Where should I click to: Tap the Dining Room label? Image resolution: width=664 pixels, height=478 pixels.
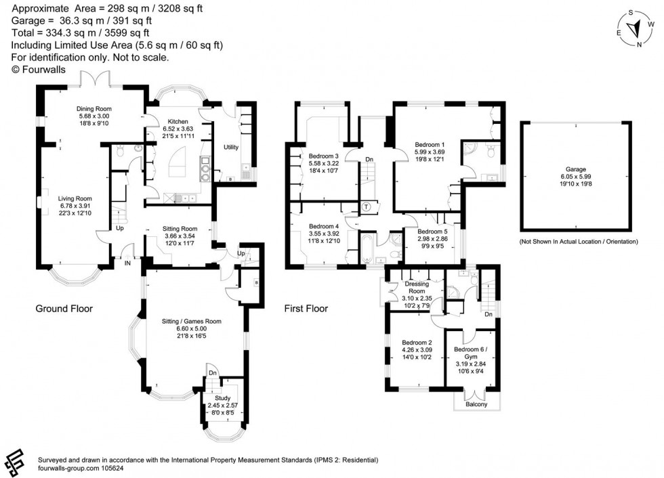(95, 108)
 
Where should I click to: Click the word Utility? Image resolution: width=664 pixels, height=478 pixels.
(231, 147)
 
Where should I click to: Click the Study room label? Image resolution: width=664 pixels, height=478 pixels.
(222, 398)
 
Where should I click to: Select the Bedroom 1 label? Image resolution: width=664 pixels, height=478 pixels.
(430, 144)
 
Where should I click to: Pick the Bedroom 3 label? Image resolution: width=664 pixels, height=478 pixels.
(323, 155)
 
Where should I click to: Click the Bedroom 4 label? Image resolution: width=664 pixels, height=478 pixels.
(323, 226)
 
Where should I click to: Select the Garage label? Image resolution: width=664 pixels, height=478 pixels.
(575, 170)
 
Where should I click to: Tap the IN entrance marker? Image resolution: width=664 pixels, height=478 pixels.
(127, 263)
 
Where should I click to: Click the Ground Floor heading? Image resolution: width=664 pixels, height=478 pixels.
(64, 309)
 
